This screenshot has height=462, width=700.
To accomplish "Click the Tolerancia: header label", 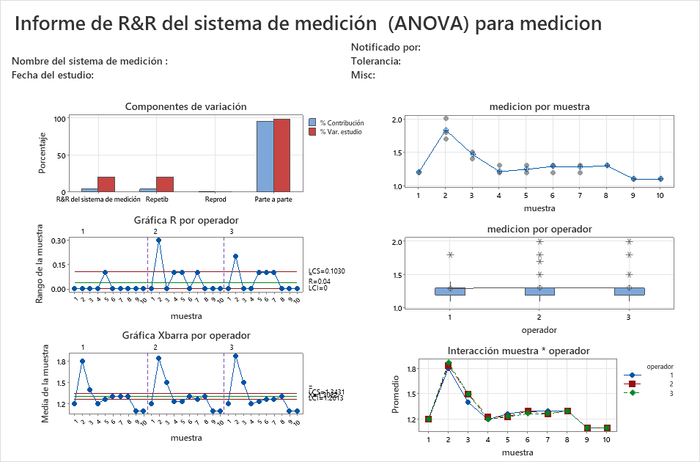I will [375, 62].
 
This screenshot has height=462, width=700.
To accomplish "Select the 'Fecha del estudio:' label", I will [53, 75].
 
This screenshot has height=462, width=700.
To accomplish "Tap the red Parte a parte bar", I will [281, 155].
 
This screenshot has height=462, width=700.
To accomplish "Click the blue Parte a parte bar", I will [265, 156].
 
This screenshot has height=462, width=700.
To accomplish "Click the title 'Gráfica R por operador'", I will [185, 220].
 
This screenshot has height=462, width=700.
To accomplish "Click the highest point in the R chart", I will [159, 240].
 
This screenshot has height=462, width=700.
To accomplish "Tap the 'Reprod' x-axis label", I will [215, 199].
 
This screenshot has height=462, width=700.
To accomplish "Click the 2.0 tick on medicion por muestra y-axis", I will [396, 120].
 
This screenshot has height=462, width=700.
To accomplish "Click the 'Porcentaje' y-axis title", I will [43, 153].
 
